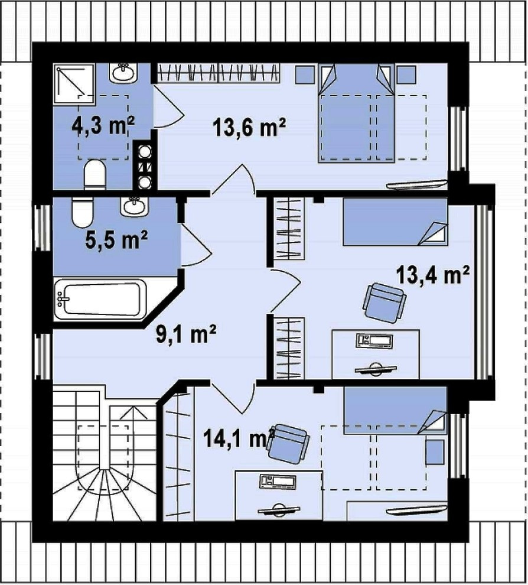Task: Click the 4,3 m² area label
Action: [103, 126]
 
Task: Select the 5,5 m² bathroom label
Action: [116, 239]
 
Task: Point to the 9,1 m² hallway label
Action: [185, 334]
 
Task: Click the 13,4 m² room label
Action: [432, 275]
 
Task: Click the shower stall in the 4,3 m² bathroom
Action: [74, 84]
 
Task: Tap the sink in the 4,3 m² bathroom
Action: [123, 72]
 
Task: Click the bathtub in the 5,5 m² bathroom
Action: [100, 300]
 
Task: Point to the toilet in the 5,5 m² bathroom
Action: [82, 212]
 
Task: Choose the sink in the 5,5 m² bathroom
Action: [134, 206]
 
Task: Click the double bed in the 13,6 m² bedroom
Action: [356, 113]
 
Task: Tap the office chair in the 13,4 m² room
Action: [384, 303]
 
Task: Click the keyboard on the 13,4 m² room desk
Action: [375, 342]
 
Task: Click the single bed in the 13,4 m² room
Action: [395, 222]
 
